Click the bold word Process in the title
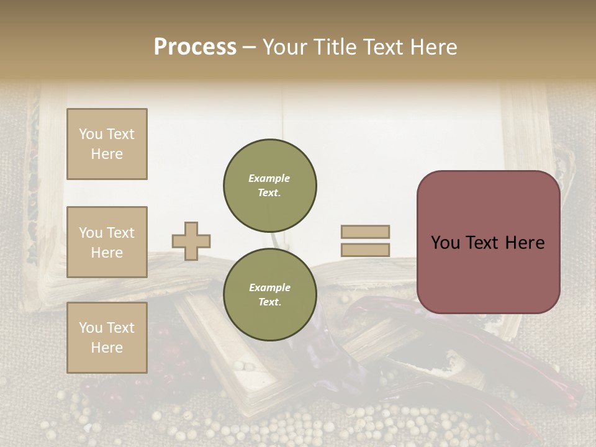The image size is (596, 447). [195, 47]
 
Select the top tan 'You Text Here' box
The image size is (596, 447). [107, 144]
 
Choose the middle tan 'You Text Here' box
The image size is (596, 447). [107, 242]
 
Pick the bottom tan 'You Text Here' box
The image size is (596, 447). [107, 337]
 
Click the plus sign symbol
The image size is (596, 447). [191, 241]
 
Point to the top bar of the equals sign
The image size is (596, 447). [366, 232]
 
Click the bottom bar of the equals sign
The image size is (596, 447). [366, 250]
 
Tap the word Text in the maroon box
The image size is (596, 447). [487, 243]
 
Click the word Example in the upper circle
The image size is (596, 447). [269, 178]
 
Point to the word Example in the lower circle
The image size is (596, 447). [269, 287]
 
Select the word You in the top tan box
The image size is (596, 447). [91, 134]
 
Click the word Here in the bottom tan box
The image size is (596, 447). [107, 348]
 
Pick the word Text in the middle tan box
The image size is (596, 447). [120, 233]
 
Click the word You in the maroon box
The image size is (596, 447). [445, 243]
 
